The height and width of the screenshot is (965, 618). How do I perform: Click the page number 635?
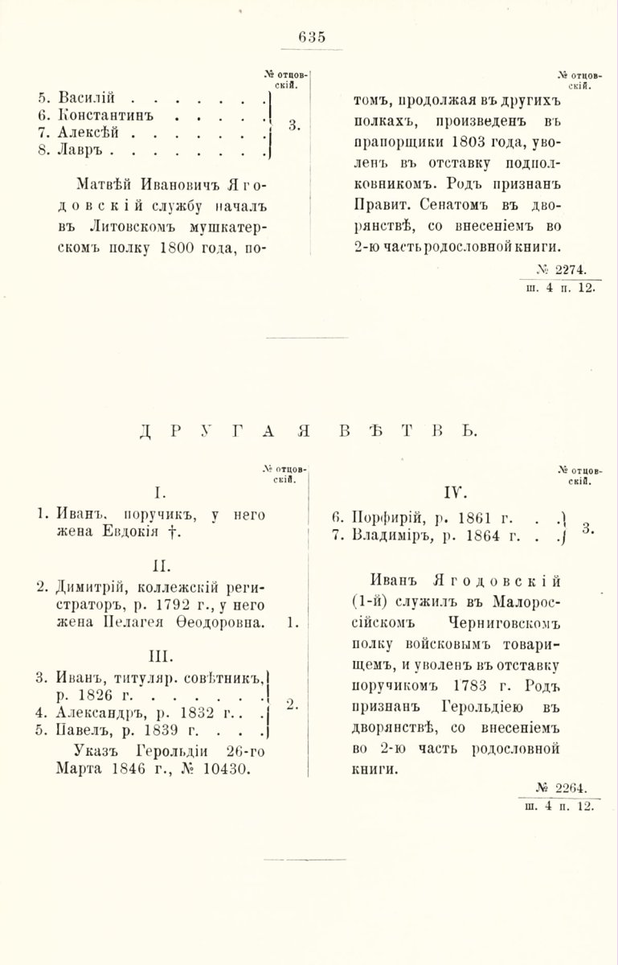310,36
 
